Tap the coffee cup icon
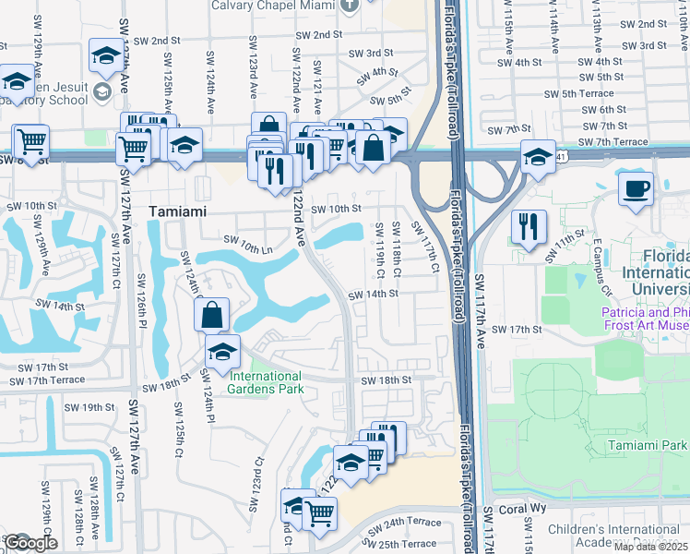636,189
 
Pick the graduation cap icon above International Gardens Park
222,352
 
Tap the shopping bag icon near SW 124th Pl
212,314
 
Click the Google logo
30,543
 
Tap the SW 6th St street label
604,110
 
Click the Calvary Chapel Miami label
272,5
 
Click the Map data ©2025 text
651,547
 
